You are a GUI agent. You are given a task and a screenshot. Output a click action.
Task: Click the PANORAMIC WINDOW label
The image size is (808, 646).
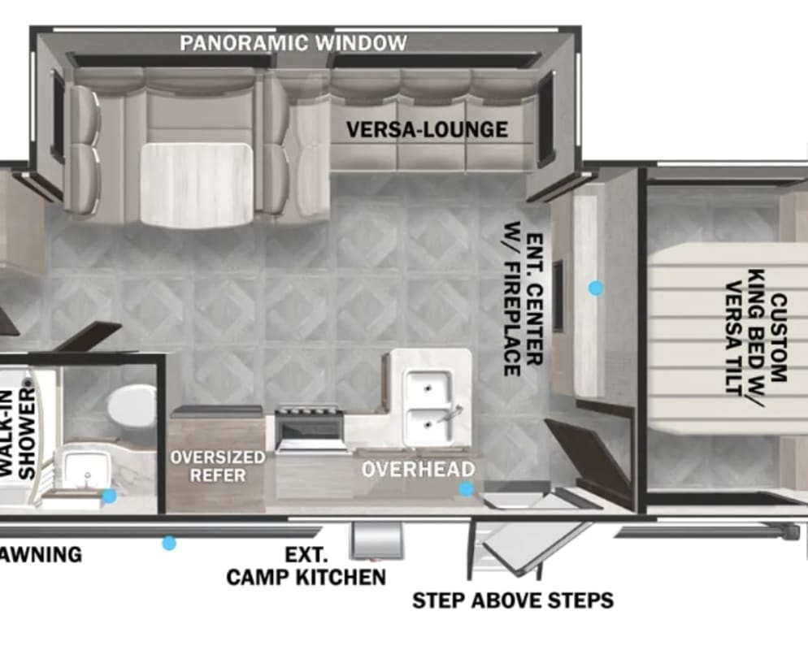click(x=293, y=43)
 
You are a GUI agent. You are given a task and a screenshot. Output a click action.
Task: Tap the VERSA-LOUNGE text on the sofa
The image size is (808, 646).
click(x=428, y=129)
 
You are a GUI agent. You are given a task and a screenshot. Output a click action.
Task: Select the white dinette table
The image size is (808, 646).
click(x=198, y=184)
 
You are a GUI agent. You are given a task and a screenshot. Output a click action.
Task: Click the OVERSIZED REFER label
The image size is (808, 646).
click(x=218, y=466)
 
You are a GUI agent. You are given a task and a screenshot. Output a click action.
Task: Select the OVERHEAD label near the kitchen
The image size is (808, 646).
click(x=419, y=470)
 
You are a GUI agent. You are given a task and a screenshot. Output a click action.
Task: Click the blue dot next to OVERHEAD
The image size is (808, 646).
click(x=467, y=489)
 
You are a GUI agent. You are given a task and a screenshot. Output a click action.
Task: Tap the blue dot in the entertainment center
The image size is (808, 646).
click(x=596, y=288)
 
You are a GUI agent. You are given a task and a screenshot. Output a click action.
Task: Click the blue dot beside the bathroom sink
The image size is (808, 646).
click(x=109, y=496)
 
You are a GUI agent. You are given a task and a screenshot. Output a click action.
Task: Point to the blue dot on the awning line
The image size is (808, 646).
click(x=169, y=543)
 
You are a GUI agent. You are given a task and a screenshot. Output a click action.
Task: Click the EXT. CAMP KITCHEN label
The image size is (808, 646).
click(x=306, y=566)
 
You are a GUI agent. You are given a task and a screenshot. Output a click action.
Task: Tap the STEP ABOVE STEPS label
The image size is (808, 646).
click(x=513, y=600)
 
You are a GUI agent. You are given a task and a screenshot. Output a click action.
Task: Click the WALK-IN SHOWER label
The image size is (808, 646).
click(x=17, y=434)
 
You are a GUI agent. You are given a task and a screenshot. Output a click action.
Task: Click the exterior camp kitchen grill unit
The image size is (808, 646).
click(x=376, y=542)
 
